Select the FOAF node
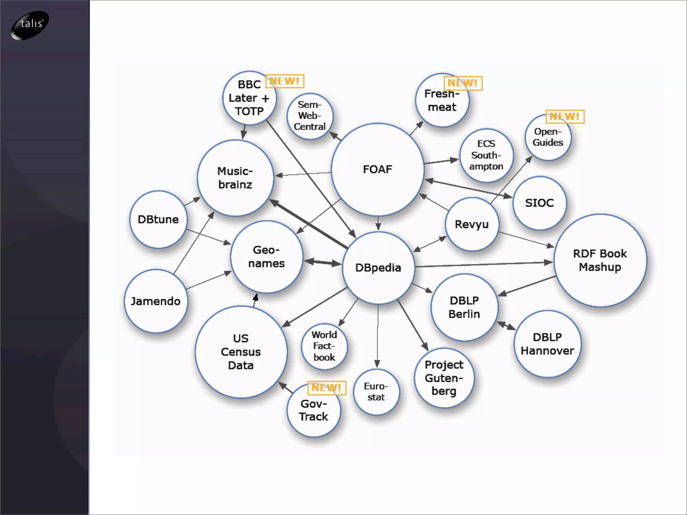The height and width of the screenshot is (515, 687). click(x=377, y=170)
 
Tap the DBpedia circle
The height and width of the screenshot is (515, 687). click(x=378, y=268)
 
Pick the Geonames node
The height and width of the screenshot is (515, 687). click(x=266, y=257)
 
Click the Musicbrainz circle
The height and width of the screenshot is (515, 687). click(x=235, y=178)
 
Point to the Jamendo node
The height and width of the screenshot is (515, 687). click(x=156, y=301)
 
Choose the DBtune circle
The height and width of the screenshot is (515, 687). click(x=158, y=220)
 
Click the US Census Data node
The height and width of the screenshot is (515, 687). click(x=241, y=352)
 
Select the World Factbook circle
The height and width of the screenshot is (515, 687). click(x=324, y=346)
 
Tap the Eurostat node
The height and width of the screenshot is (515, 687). click(x=376, y=392)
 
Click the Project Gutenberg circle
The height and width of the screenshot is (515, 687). click(x=444, y=378)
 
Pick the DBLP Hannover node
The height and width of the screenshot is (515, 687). click(x=547, y=344)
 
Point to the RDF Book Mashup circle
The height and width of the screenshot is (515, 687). click(x=600, y=261)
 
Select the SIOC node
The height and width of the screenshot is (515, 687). click(x=539, y=203)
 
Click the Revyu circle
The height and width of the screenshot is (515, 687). click(x=472, y=224)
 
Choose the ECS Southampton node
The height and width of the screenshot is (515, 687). click(x=486, y=155)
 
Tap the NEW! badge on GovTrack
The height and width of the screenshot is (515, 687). click(x=326, y=388)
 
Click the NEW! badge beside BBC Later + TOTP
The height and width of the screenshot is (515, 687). click(x=284, y=81)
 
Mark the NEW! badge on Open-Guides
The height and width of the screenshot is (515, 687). click(x=565, y=117)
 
